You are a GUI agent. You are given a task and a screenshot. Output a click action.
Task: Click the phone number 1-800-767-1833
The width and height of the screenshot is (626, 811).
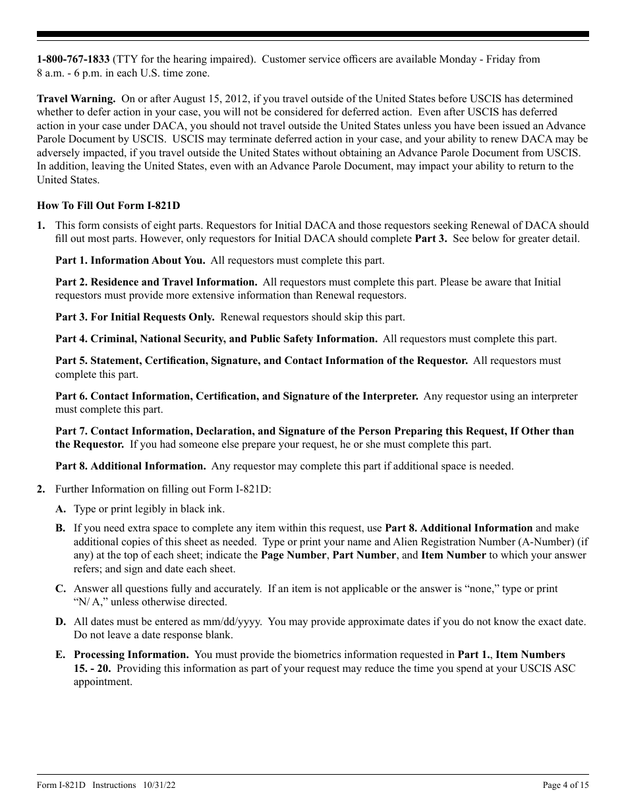pyautogui.click(x=73, y=59)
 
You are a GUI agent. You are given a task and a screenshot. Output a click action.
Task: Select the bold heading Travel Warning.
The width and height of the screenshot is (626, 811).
pyautogui.click(x=76, y=98)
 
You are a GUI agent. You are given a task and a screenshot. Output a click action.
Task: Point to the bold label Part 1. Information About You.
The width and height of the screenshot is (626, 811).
pyautogui.click(x=130, y=260)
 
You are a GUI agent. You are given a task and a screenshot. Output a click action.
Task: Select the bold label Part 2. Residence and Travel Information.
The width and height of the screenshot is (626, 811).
pyautogui.click(x=156, y=282)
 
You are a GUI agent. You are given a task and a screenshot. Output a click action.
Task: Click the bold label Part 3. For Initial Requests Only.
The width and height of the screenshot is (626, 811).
pyautogui.click(x=134, y=317)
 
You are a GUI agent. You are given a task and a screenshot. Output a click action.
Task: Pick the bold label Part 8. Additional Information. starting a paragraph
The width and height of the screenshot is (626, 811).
pyautogui.click(x=130, y=466)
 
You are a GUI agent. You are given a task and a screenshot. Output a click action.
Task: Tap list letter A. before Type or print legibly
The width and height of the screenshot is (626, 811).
pyautogui.click(x=61, y=509)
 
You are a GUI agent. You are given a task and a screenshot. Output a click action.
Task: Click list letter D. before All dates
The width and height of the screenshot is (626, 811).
pyautogui.click(x=61, y=622)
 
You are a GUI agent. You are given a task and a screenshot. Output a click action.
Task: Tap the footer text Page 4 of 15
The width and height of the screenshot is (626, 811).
pyautogui.click(x=565, y=785)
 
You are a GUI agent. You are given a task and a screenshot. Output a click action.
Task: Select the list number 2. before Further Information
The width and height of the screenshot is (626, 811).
pyautogui.click(x=41, y=489)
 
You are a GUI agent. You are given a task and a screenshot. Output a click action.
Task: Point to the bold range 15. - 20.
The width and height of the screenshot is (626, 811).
pyautogui.click(x=92, y=668)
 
